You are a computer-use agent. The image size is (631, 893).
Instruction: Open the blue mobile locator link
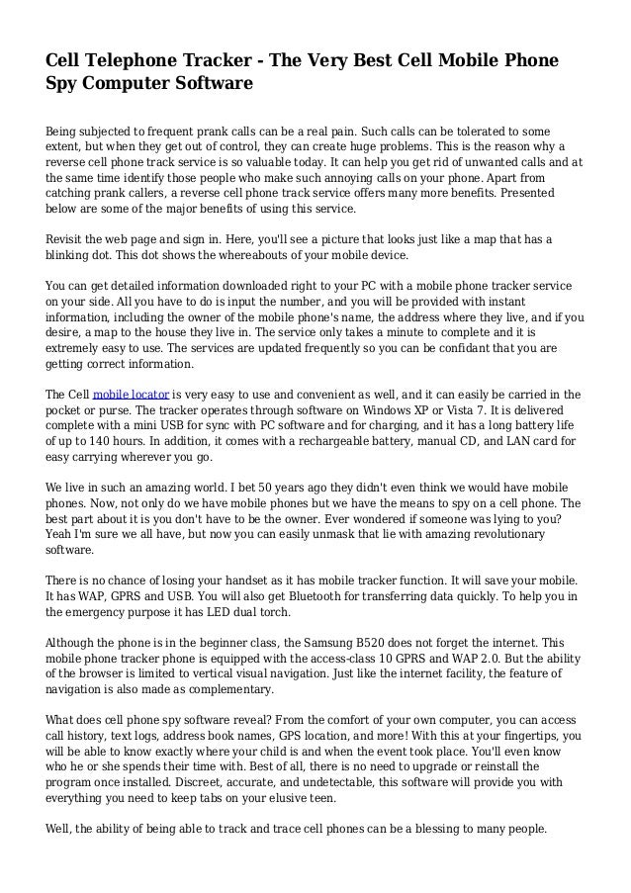pos(132,395)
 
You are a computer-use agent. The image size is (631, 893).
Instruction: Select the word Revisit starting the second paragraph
pos(70,240)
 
